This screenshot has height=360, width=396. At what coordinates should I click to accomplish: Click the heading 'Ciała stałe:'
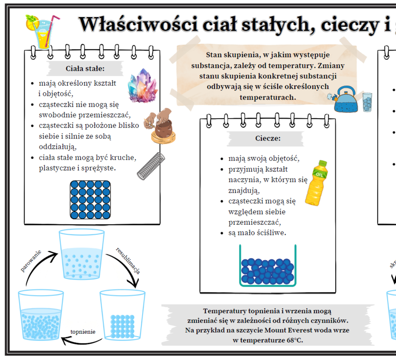85,69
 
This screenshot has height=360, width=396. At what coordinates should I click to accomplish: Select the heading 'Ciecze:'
268,138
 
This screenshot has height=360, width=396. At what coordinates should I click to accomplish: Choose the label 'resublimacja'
128,261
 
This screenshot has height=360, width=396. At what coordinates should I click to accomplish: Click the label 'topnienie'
83,332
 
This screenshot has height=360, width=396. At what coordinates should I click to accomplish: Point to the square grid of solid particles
90,200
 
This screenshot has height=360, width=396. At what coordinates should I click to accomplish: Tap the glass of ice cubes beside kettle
367,102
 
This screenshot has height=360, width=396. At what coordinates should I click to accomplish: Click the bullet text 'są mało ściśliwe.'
257,233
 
